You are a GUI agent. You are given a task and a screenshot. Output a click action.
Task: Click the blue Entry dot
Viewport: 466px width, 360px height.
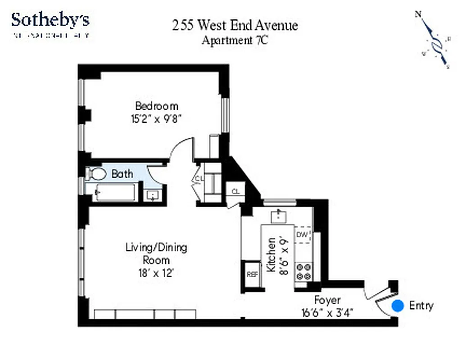tap(398, 306)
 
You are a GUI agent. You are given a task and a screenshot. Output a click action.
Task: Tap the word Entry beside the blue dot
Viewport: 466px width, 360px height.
tap(421, 306)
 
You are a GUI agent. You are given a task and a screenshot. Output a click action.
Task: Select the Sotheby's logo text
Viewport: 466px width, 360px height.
tap(50, 20)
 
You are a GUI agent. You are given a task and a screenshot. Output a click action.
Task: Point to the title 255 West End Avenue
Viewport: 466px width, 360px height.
tap(235, 25)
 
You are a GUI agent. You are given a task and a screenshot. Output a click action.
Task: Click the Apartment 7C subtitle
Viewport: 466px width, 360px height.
tap(235, 40)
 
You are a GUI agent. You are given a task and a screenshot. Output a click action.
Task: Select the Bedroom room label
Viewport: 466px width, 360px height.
tap(157, 106)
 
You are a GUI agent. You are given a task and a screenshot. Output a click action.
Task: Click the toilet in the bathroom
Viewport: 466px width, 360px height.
tap(95, 173)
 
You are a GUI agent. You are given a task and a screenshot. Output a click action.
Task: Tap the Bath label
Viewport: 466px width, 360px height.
tap(122, 174)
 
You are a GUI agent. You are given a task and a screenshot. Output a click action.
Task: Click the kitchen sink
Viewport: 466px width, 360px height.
tap(280, 216)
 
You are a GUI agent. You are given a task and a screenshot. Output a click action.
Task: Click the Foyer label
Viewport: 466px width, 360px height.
tap(327, 300)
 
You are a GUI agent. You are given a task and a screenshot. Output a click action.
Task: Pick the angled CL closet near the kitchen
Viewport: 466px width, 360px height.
tap(235, 190)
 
